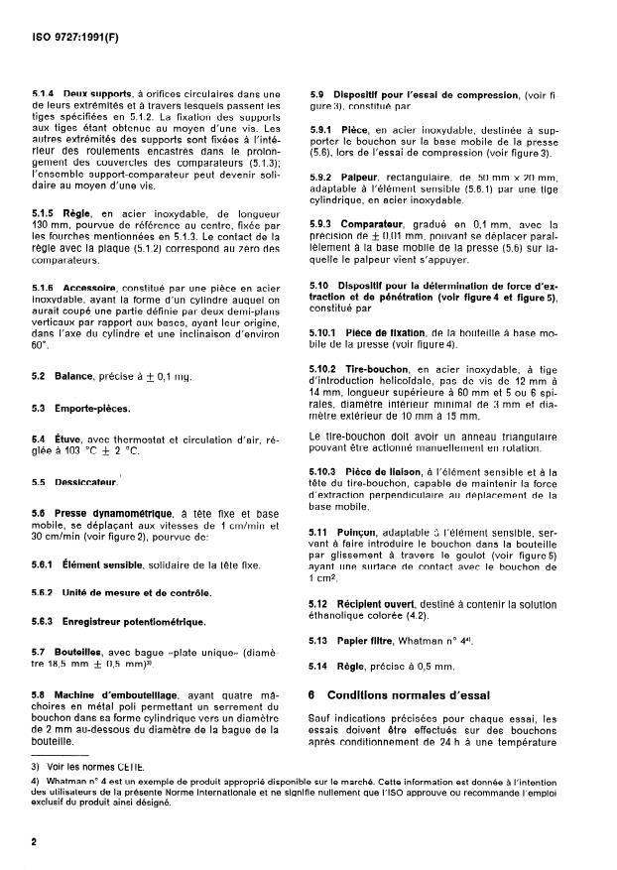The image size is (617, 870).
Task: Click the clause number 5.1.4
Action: tap(45, 93)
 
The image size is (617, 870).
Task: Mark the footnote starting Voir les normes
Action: tap(78, 767)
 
